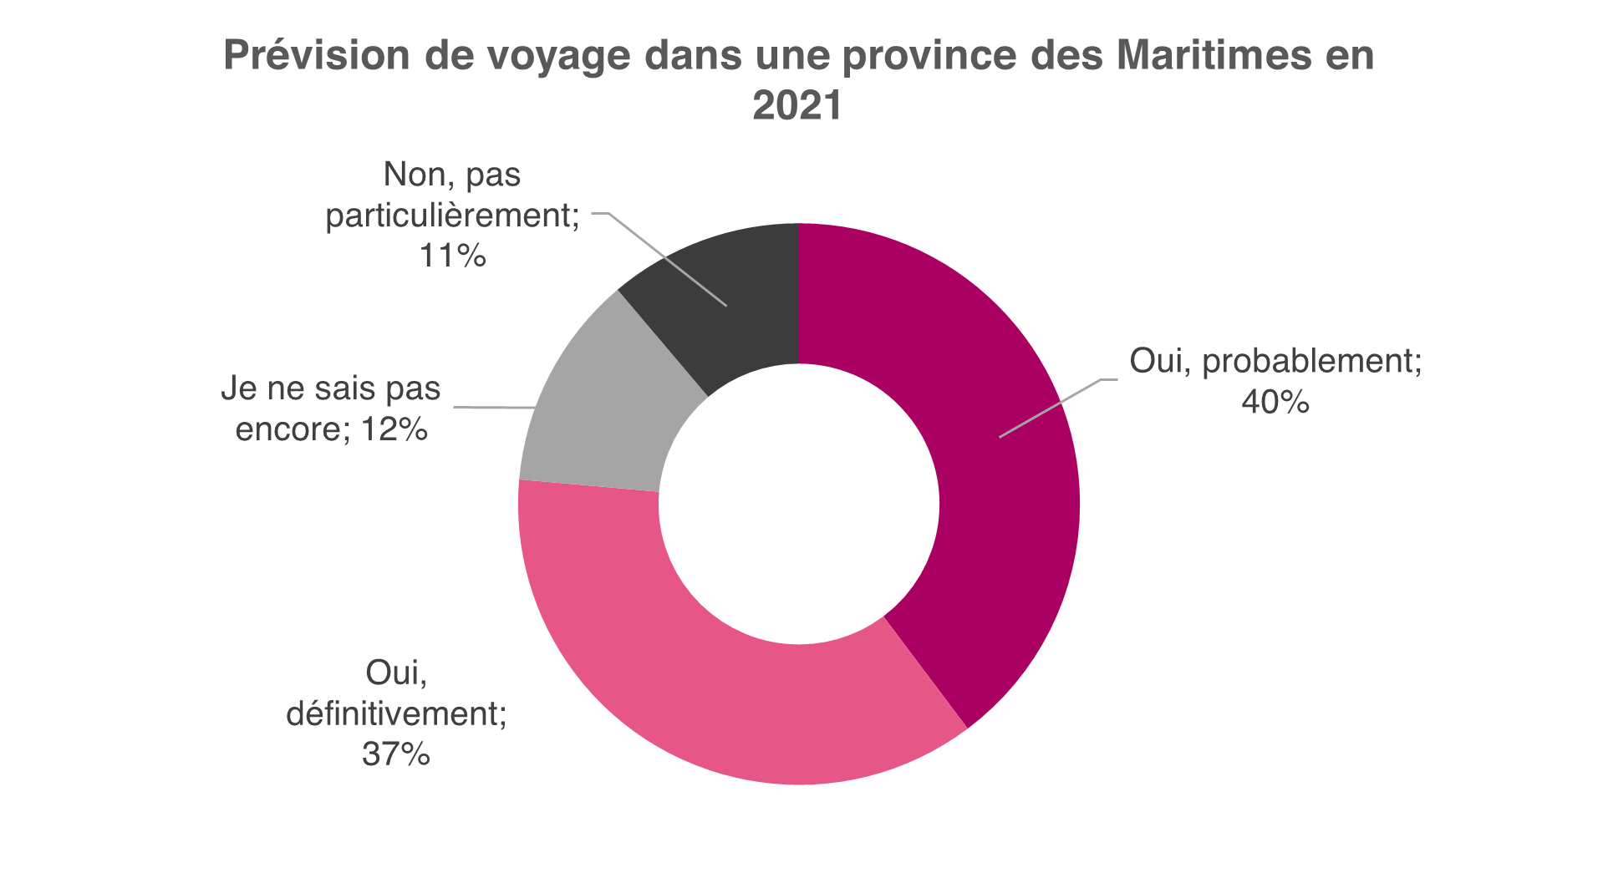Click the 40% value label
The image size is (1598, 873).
coord(1275,403)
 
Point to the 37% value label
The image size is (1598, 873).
coord(396,754)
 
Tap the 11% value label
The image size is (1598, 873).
coord(452,256)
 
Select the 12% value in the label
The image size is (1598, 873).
coord(394,429)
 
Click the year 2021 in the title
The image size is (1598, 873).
coord(797,106)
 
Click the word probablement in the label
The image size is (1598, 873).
coord(1311,362)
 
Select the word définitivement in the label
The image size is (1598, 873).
coord(396,714)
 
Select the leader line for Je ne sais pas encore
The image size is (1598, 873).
coord(493,408)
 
